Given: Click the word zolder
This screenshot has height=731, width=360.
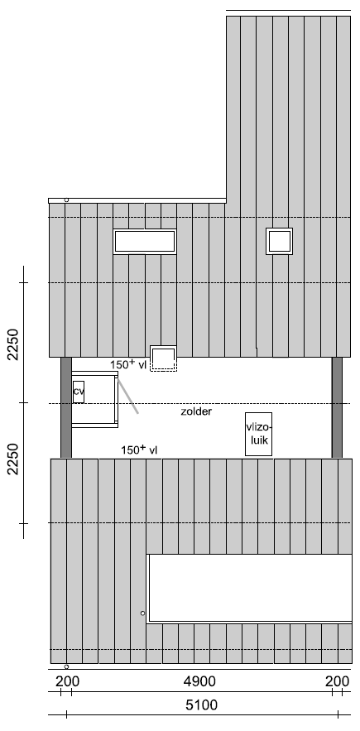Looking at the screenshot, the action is coord(196,411).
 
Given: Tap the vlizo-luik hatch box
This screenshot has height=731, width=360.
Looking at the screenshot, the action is coord(259,434).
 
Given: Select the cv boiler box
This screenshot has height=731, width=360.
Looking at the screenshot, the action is coord(79,392).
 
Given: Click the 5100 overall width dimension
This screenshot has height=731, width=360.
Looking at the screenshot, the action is coord(201,705).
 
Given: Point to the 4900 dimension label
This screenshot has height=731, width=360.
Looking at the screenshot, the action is coord(199,681).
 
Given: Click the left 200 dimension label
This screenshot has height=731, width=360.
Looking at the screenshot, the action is coord(68,681).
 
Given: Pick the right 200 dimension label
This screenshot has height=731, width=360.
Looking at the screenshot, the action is coord(337,681).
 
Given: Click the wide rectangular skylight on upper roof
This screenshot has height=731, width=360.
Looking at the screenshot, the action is coord(145,242).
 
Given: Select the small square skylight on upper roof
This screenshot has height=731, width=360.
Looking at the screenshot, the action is coord(280,241).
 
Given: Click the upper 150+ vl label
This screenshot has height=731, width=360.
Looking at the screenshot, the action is coord(128,364).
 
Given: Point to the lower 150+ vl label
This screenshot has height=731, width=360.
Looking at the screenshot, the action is coord(139,450).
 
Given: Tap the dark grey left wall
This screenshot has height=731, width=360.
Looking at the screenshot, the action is coord(66,407).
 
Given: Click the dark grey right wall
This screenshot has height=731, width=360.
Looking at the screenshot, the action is coord(337,407).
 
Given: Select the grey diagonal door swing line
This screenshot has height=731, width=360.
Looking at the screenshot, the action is coord(127,396).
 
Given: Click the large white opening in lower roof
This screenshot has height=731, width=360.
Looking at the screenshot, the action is coord(250,589).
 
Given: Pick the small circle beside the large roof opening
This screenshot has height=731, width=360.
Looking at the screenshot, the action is coord(142,613).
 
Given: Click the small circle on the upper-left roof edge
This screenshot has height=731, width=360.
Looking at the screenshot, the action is coord(66,200).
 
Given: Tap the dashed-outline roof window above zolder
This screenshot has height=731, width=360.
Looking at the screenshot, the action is coord(163,358).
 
